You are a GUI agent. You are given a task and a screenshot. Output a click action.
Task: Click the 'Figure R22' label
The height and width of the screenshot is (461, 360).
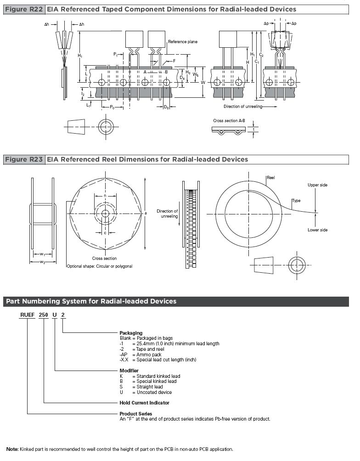24,9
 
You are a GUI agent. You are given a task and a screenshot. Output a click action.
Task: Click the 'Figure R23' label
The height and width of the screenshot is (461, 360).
24,160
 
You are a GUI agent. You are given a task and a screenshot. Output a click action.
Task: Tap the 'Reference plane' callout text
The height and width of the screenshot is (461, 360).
183,42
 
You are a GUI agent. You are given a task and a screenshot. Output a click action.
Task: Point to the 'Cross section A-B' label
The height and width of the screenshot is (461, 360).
229,121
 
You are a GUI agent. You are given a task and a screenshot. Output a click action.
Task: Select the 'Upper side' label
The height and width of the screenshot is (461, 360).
317,185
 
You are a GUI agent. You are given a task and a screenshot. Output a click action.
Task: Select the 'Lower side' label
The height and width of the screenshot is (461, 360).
317,230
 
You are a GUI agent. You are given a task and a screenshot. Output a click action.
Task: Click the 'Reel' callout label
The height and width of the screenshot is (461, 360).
270,178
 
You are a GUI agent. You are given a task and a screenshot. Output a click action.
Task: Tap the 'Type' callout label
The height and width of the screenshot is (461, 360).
297,201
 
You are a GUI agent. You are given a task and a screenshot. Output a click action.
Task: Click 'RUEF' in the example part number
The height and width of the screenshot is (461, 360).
28,315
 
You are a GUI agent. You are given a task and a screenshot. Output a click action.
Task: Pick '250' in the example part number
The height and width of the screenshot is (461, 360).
44,315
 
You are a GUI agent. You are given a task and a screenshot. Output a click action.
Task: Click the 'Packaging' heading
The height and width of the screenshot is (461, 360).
131,333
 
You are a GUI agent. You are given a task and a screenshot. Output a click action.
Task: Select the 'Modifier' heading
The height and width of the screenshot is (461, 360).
129,371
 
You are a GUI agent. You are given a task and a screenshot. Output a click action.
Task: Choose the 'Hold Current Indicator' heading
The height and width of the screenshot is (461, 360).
144,403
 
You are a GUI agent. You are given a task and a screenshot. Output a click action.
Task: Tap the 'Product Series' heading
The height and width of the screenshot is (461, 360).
136,414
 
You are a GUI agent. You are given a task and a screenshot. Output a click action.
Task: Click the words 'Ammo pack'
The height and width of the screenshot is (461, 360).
149,354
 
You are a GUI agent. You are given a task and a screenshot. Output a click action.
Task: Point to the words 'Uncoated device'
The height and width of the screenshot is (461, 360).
154,392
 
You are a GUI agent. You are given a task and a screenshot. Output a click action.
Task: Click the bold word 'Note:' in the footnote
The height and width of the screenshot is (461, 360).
12,449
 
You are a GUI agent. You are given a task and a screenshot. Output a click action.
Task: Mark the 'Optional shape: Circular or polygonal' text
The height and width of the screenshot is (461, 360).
100,266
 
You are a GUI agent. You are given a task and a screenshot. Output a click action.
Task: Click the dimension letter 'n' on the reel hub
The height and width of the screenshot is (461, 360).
105,196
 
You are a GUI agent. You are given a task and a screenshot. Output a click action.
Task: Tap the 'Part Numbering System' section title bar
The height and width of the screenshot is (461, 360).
176,301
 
